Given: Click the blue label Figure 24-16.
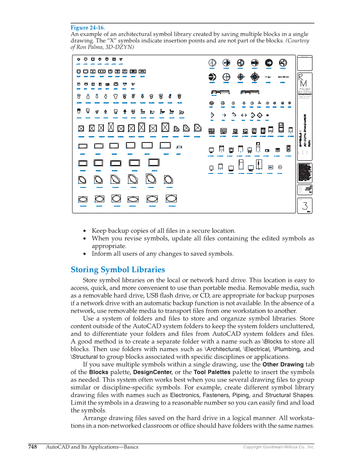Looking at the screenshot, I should pos(87,28).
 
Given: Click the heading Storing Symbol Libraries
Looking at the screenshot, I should pos(117,270).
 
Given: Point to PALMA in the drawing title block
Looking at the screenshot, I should pos(304,89).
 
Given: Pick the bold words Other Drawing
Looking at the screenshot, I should pos(283,364).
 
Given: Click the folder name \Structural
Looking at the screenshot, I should pos(84,357).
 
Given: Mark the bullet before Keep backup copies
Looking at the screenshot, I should pos(85,231).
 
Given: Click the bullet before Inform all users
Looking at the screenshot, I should pos(85,254).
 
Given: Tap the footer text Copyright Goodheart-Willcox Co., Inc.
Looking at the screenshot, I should pos(279,447).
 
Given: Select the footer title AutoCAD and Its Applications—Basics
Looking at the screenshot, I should pos(92,447).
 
